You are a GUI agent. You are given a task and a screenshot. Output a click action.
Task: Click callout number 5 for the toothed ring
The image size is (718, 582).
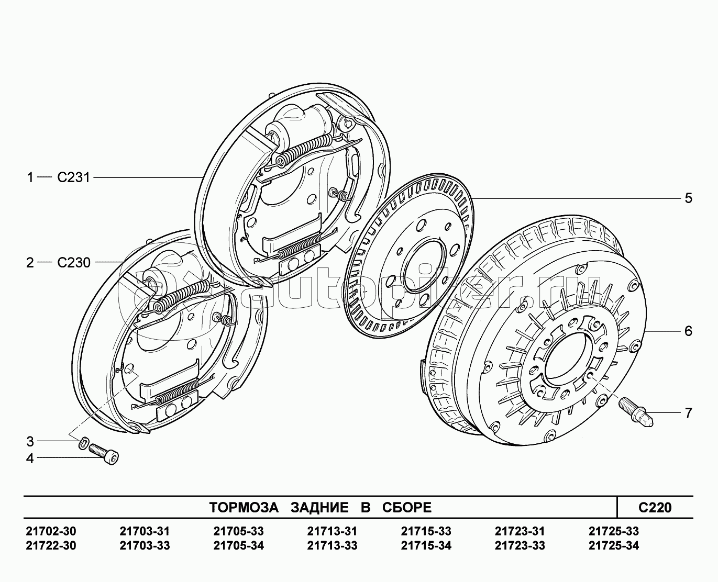click(x=688, y=198)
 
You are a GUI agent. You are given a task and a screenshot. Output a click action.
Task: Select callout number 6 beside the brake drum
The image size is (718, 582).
click(x=688, y=331)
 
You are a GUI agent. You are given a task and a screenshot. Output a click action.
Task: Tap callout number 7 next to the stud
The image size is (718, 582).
click(x=688, y=413)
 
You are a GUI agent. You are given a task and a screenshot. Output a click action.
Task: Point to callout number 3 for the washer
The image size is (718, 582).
click(x=30, y=441)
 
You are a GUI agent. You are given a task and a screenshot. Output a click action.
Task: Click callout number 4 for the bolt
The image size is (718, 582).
click(x=30, y=458)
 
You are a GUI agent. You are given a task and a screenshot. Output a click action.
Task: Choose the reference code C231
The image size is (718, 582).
click(x=73, y=177)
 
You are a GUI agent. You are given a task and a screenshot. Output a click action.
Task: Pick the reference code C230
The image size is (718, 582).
click(x=73, y=262)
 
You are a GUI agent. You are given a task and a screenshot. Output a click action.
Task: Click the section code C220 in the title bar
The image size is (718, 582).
click(x=655, y=507)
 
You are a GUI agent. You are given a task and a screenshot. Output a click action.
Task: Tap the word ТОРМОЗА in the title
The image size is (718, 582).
click(x=244, y=507)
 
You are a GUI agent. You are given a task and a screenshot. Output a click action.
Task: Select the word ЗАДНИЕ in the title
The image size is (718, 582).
click(x=319, y=507)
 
